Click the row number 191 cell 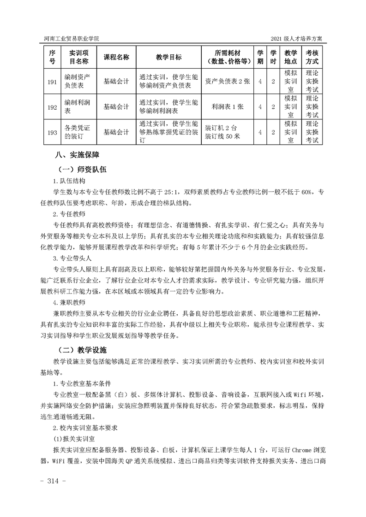(52, 81)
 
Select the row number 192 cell (52, 106)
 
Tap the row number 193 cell (52, 132)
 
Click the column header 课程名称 (116, 57)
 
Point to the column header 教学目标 (168, 57)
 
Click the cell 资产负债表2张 (227, 81)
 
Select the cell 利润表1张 (227, 106)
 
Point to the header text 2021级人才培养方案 (300, 38)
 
